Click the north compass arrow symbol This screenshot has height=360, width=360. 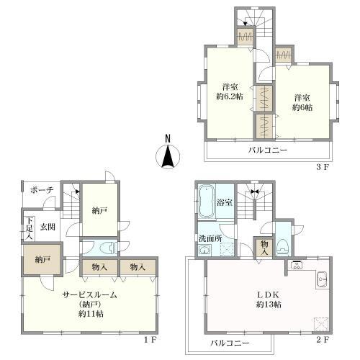[x=168, y=157]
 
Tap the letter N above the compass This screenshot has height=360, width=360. [x=168, y=139]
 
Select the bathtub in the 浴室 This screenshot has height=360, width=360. [x=206, y=202]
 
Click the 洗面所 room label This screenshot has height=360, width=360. [x=210, y=238]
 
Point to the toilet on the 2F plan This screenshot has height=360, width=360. [x=283, y=248]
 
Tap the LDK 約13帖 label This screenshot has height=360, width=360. [x=269, y=300]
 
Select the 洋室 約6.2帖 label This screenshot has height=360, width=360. [x=230, y=91]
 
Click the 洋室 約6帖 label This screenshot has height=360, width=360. [x=302, y=102]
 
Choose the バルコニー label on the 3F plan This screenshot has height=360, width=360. [x=268, y=150]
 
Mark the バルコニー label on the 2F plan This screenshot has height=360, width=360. [x=230, y=343]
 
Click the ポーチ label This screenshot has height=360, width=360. [x=42, y=190]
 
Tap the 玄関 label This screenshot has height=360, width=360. [x=48, y=227]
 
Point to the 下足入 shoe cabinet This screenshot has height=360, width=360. [x=30, y=228]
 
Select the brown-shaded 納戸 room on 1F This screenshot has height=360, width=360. [x=42, y=259]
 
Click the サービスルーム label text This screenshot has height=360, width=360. [x=90, y=294]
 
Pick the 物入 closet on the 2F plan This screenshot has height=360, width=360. [x=264, y=248]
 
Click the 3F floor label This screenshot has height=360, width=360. [x=322, y=167]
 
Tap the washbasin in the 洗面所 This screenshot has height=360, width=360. [x=204, y=250]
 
